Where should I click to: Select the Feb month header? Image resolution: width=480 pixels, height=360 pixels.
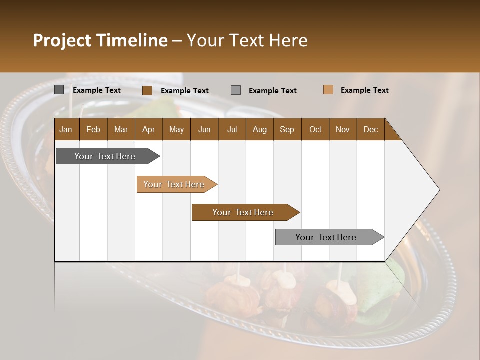coord(93,129)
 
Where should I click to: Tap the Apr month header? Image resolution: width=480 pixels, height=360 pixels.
coord(149,129)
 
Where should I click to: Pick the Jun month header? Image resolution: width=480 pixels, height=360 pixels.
coord(204,129)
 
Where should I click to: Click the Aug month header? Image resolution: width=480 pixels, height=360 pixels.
coord(260,129)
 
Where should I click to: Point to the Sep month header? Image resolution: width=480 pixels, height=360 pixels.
coord(287,129)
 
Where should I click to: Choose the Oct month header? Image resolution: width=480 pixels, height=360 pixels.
coord(315,129)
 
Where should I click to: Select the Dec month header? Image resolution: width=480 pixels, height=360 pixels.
coord(371,129)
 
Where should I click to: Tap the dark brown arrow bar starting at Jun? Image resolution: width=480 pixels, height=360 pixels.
coord(243,212)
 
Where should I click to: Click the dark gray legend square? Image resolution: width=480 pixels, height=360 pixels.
coord(59,90)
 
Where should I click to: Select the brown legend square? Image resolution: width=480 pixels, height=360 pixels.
coord(147,90)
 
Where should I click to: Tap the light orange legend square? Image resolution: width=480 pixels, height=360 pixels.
coord(328,90)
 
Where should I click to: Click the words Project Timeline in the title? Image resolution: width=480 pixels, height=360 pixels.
coord(100,40)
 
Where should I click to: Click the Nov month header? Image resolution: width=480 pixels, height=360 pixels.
coord(343,129)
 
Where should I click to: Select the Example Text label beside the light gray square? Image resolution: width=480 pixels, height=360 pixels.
coord(273,90)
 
